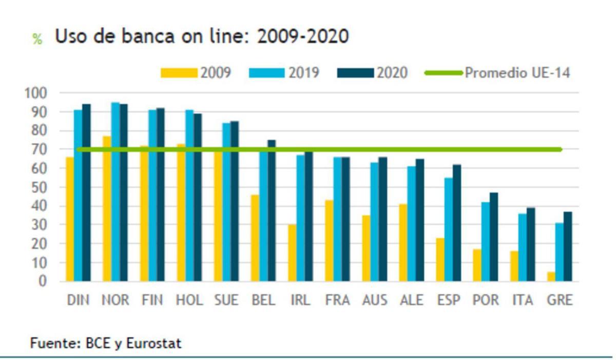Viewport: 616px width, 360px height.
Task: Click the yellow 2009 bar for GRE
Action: (551, 276)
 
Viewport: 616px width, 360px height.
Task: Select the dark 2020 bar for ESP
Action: (457, 223)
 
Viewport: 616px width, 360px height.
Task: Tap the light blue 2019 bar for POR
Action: (485, 241)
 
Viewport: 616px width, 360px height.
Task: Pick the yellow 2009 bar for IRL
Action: (292, 253)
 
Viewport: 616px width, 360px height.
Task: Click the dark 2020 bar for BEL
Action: (272, 211)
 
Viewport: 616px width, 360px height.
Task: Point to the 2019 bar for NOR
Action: (115, 192)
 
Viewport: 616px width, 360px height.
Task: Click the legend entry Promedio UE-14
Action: (517, 73)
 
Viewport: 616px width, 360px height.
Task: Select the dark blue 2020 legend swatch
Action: (355, 73)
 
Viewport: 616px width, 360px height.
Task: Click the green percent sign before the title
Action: (37, 40)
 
